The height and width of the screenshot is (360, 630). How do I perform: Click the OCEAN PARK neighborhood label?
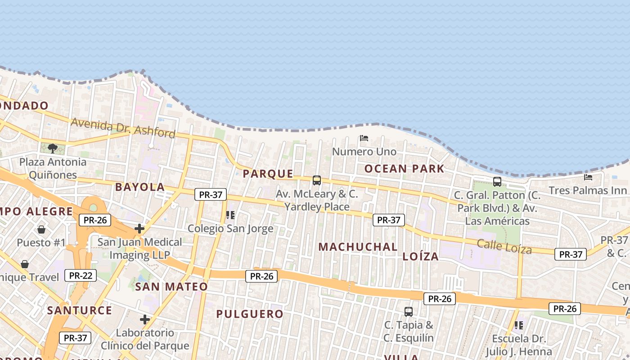[404, 169]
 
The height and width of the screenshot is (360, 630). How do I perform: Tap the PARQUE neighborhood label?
[268, 174]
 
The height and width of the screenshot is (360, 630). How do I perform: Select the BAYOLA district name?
[140, 187]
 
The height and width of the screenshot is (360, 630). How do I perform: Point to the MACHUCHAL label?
[358, 247]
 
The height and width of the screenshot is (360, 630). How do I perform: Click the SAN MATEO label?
[171, 287]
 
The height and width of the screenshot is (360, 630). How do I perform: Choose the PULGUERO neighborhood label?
[250, 314]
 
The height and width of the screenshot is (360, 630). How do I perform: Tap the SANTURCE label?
[80, 310]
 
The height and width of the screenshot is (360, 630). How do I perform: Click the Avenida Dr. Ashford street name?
[123, 127]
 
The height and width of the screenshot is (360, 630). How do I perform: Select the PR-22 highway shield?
[81, 275]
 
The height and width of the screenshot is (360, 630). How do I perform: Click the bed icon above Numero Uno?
[364, 138]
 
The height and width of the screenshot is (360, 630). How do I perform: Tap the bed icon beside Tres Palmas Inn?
[588, 177]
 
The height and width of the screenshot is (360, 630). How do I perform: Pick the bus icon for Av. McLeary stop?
[317, 180]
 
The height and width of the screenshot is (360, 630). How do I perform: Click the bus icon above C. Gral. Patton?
[497, 182]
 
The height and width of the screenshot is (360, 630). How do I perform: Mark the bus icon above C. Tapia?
[409, 311]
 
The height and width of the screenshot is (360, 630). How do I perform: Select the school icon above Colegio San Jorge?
[230, 215]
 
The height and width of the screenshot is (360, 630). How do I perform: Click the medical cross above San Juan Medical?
[139, 229]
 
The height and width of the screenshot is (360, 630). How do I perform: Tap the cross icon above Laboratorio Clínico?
[144, 320]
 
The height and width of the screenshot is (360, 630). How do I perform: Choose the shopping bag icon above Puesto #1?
[41, 229]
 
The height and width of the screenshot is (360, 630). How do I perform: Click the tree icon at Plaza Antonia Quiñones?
[53, 148]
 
